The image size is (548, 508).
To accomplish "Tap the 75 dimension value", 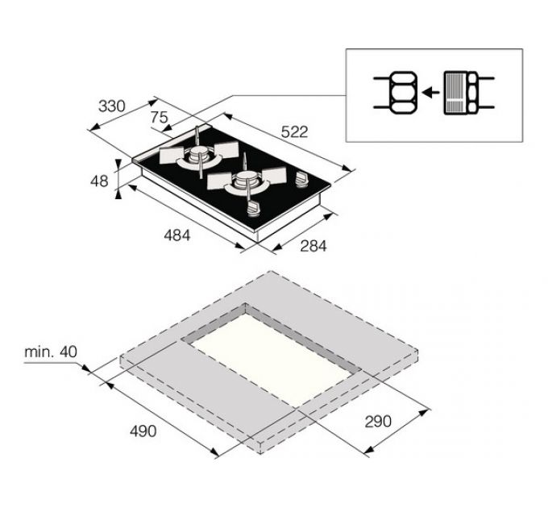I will pos(160,118).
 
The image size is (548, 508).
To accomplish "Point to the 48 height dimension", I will pos(99,181).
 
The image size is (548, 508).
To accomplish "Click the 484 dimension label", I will pos(176,236).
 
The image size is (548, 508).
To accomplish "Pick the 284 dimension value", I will pos(313,247).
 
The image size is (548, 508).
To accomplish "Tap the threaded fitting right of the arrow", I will pos(463,94).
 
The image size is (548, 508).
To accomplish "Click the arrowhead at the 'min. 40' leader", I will pos(85,370).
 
